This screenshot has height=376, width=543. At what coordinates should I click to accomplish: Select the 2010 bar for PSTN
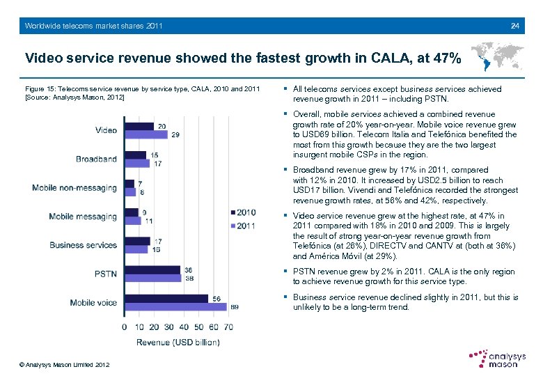click(151, 269)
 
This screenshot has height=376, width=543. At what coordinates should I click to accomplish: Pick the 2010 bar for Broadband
click(135, 155)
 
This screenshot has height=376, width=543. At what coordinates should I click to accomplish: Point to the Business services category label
click(83, 245)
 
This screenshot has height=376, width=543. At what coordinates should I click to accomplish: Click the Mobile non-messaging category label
click(74, 188)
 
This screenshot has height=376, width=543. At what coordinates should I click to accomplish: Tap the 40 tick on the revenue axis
click(184, 327)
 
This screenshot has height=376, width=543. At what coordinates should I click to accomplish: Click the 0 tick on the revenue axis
click(125, 327)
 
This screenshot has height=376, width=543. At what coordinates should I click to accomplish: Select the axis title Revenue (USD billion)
click(178, 342)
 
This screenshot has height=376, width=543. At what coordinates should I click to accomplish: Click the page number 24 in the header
click(514, 26)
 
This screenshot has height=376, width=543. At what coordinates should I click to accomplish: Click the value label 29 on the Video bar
click(175, 135)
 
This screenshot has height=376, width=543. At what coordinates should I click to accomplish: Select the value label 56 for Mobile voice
click(217, 298)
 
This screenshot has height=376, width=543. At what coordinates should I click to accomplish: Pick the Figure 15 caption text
click(142, 93)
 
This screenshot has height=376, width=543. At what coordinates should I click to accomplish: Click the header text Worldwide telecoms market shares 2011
click(93, 26)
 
